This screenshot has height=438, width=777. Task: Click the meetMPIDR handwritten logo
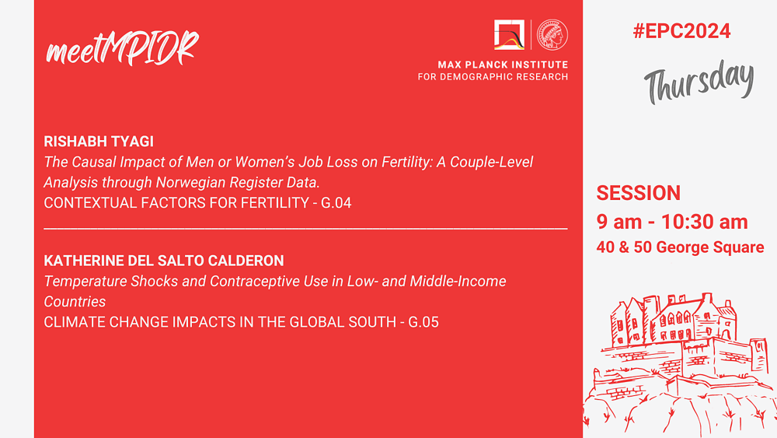pos(122,48)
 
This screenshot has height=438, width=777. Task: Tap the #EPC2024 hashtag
pos(681,31)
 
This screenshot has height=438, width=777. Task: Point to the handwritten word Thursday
pos(699,82)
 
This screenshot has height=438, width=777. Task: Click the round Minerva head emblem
pos(552,35)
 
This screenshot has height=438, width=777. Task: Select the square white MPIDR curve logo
pos(509,35)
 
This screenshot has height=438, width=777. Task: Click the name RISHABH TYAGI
pos(99,142)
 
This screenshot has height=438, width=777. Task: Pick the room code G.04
pos(336,203)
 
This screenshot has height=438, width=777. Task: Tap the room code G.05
pos(423,322)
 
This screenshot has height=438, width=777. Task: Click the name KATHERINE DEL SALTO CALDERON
pos(164,261)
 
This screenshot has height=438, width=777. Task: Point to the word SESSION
pos(638,193)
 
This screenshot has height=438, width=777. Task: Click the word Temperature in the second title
pos(85,282)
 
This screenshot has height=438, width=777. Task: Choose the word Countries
pos(75,302)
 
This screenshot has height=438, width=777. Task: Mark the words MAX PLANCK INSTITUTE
pos(503,65)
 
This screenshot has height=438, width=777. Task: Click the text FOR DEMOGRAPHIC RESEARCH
pos(493,77)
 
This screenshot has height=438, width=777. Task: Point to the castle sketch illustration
pos(680,365)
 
